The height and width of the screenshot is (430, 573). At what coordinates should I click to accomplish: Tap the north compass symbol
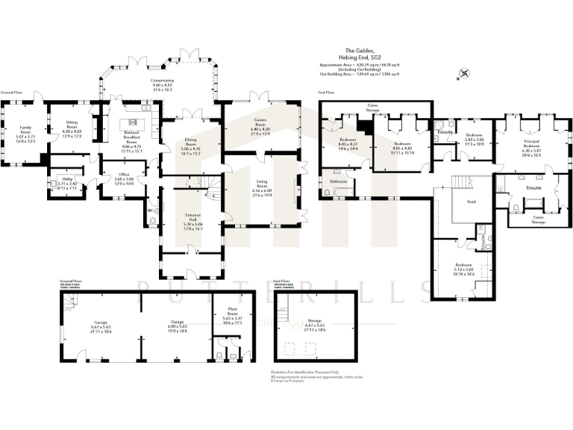click(465, 73)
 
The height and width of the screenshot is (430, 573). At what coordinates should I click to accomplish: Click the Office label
click(124, 175)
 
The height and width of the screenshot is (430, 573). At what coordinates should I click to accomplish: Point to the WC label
click(151, 211)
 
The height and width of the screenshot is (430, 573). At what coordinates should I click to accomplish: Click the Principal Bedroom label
click(531, 146)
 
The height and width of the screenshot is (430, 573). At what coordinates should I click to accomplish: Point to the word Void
click(472, 202)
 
